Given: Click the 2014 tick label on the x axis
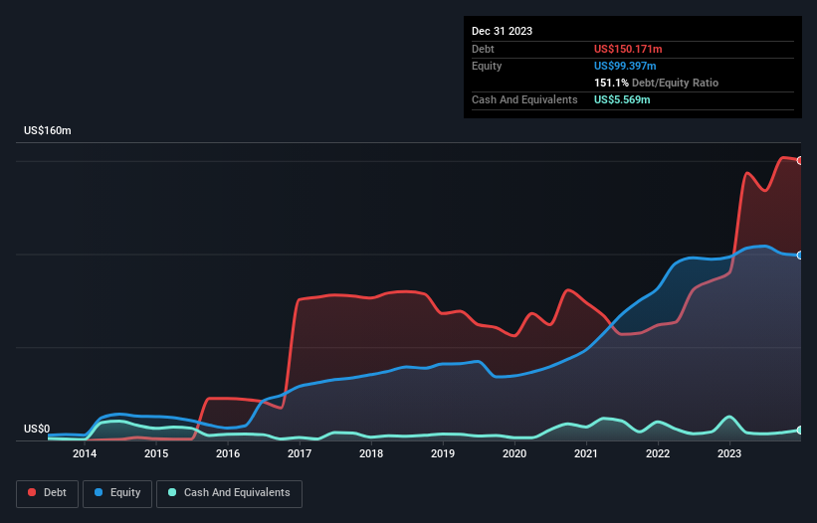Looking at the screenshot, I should tap(85, 454).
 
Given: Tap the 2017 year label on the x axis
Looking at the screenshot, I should tap(300, 454).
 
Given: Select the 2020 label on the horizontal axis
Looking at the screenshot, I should tap(514, 454).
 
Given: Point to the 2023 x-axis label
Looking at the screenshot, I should tap(729, 454).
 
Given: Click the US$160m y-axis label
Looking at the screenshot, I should tap(48, 131).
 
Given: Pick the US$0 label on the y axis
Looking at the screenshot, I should tap(37, 430).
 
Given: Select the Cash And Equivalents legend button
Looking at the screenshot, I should tap(229, 493).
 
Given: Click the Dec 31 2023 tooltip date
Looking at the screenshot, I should tap(503, 31).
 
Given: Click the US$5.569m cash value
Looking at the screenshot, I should tap(622, 99).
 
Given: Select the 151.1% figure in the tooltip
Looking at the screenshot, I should tap(611, 83).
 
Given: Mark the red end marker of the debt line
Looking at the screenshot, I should tap(800, 160).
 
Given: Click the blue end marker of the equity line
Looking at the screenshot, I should tap(800, 256).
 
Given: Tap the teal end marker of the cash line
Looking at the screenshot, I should tap(800, 430).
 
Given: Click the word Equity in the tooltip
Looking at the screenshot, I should tap(487, 66).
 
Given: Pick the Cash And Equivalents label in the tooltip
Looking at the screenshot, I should tap(524, 99).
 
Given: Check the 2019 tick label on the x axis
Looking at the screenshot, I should tap(443, 454).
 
